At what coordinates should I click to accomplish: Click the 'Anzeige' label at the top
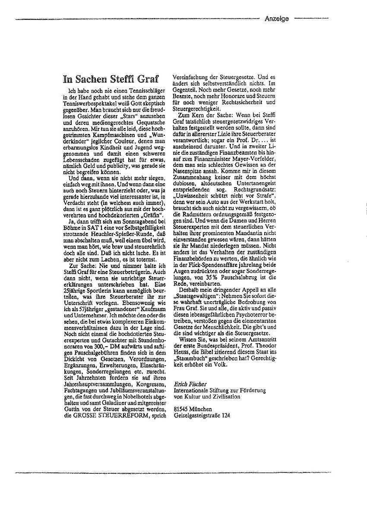277,19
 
